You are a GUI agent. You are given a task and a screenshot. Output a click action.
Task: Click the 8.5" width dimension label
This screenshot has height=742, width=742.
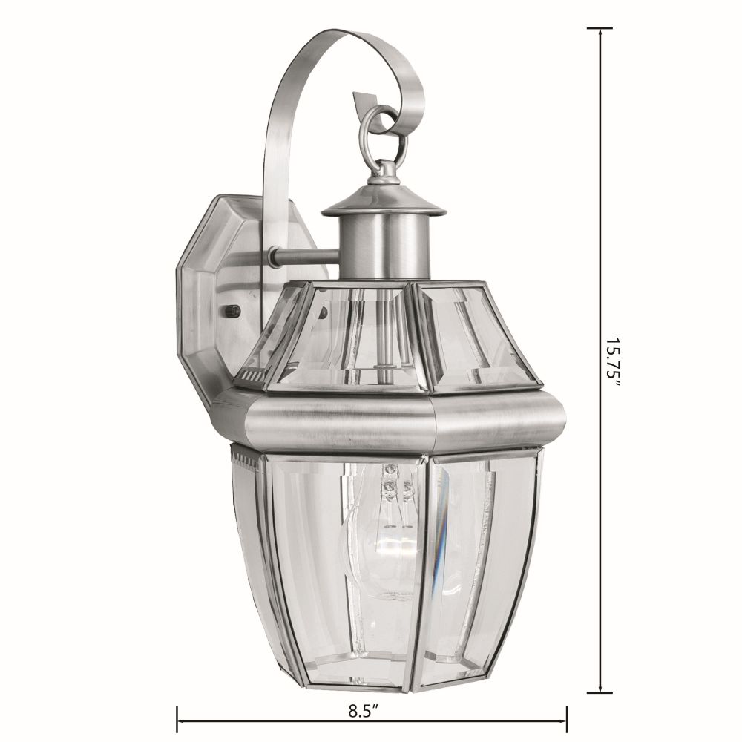(364, 711)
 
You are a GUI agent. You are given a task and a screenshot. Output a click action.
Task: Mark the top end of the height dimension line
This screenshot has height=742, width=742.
(600, 28)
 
